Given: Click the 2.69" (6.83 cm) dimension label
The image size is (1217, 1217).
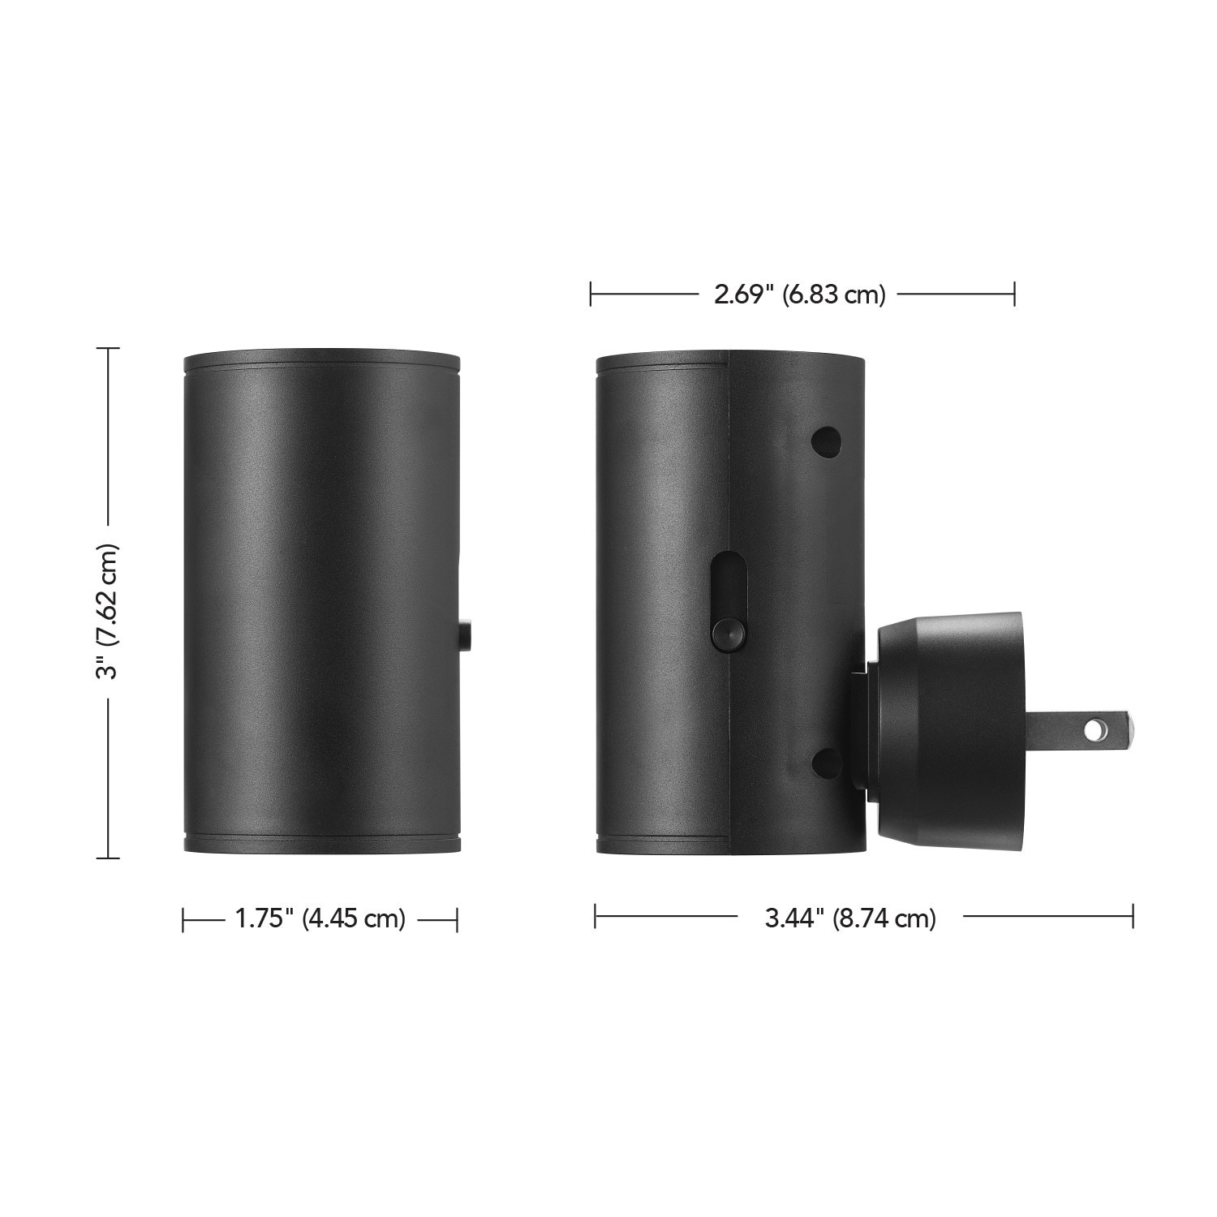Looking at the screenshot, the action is tap(799, 295).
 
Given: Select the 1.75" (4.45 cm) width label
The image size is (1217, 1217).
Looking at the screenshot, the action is tap(320, 918).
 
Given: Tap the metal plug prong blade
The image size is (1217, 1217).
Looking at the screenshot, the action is tap(1080, 729).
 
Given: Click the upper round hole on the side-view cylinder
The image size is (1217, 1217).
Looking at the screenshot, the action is tap(827, 441).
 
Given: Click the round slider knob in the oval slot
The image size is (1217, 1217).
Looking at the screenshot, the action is tap(726, 634).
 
